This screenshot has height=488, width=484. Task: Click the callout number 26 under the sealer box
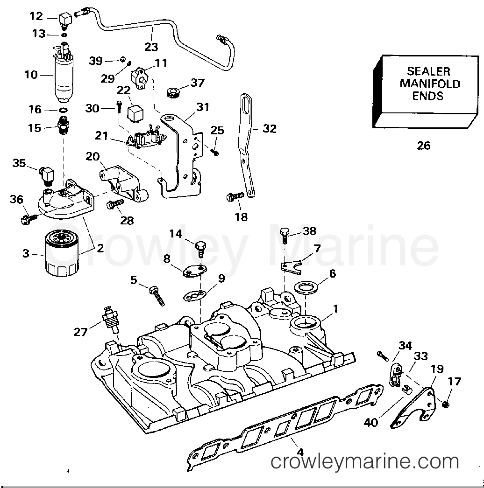(423, 146)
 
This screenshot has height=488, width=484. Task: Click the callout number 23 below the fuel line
(151, 47)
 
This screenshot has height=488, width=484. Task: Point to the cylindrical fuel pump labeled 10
(64, 75)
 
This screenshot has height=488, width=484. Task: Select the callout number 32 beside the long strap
(269, 129)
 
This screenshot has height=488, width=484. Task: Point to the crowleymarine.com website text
(365, 462)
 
